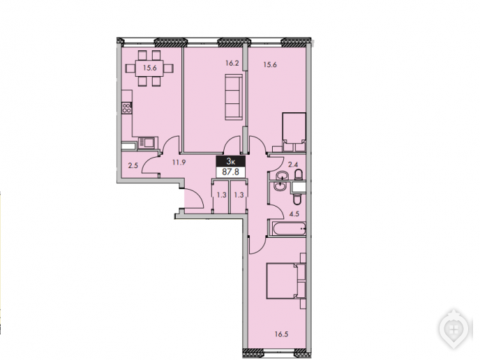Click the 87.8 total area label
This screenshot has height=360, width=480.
[230, 172]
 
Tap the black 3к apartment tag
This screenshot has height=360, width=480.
[231, 161]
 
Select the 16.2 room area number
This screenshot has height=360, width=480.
[232, 63]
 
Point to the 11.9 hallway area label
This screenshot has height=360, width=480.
[179, 163]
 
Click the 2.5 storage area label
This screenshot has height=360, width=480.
[133, 166]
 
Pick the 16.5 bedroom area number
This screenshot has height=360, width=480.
[281, 334]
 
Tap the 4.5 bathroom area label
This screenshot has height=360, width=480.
[294, 214]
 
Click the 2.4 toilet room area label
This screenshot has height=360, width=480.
[293, 165]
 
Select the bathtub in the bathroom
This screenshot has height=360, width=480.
[288, 228]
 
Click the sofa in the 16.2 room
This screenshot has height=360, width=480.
[234, 97]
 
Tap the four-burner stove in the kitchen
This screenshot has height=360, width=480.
[127, 108]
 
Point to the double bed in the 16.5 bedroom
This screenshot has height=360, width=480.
[286, 280]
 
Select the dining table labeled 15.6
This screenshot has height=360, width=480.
[149, 68]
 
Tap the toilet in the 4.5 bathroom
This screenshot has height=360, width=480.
[297, 199]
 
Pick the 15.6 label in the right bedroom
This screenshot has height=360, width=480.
[270, 65]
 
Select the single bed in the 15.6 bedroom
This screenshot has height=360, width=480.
[294, 132]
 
